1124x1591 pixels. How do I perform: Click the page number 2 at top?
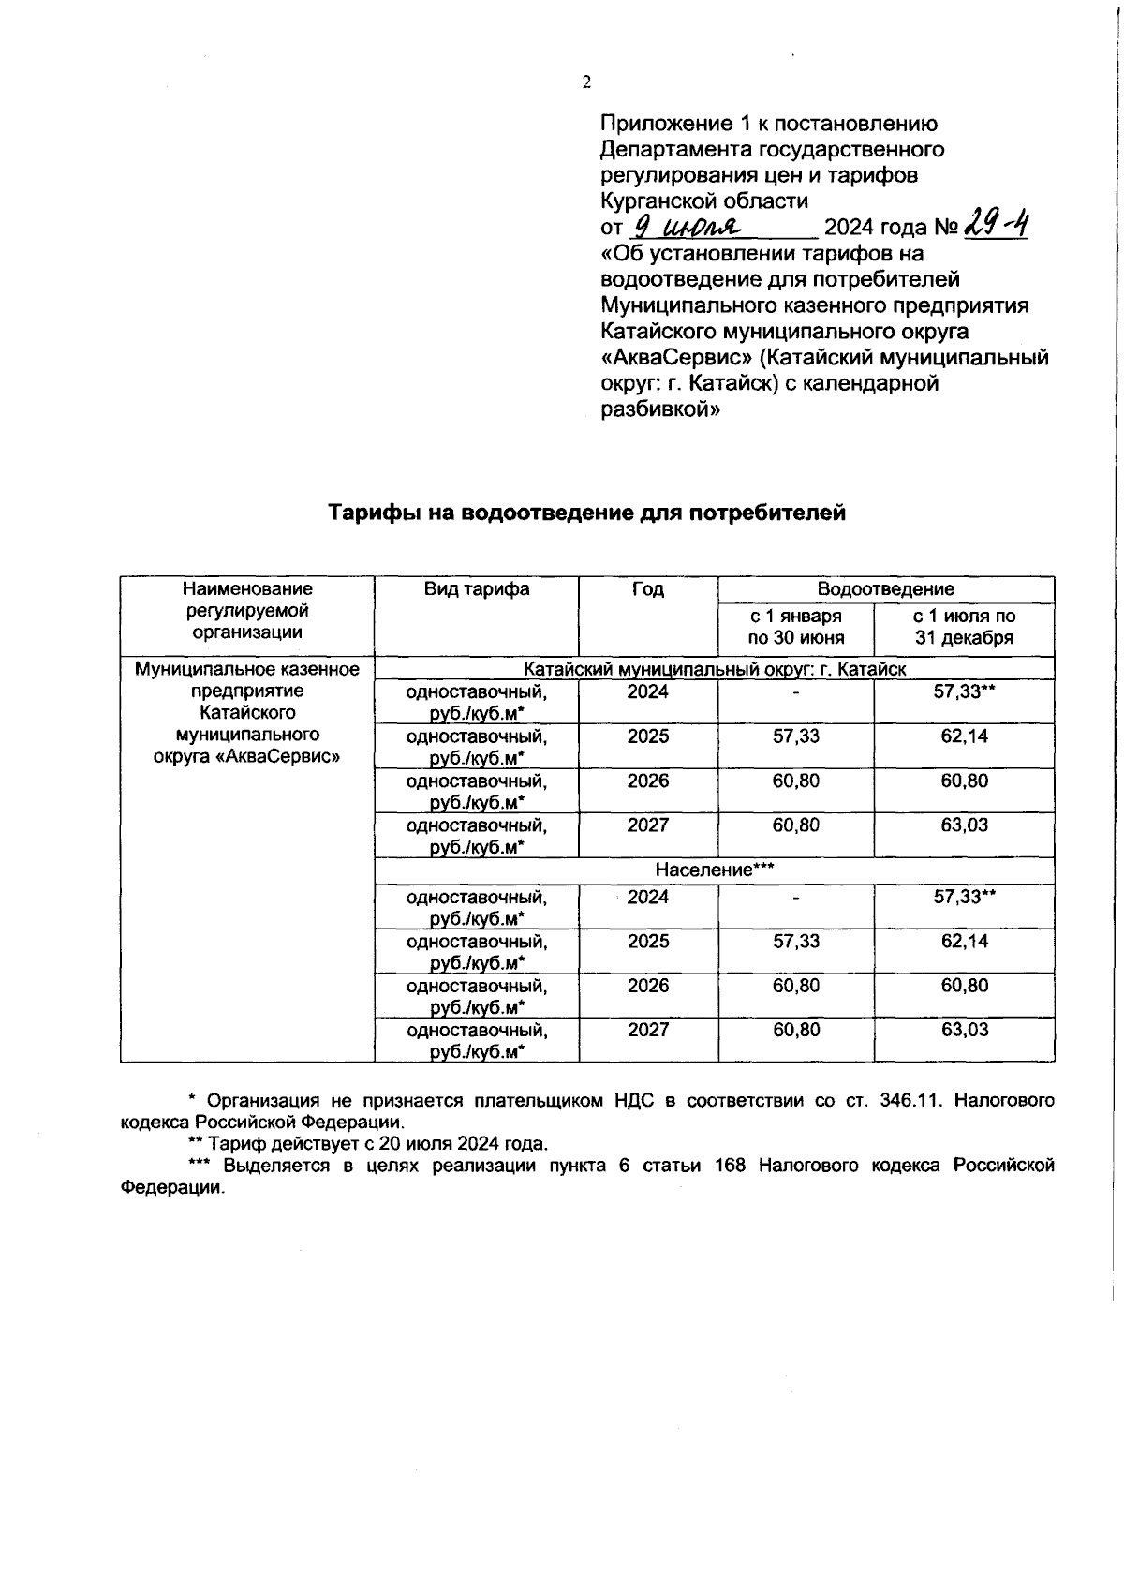click(587, 82)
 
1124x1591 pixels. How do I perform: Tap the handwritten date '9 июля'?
click(688, 227)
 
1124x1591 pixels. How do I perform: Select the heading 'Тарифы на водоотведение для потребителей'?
click(586, 513)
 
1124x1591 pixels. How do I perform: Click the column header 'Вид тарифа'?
click(476, 588)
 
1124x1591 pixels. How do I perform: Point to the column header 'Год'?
click(647, 588)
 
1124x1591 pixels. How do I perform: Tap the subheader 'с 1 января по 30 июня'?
click(795, 627)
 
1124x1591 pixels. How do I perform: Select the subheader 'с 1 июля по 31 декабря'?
click(964, 627)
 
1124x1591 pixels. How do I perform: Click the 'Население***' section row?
click(714, 870)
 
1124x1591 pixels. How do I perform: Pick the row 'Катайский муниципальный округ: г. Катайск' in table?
click(714, 669)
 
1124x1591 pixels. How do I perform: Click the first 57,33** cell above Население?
click(964, 691)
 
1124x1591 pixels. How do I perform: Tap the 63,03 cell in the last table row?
click(964, 1030)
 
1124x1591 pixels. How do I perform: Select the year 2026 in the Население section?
click(647, 986)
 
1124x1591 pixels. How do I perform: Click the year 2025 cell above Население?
click(647, 736)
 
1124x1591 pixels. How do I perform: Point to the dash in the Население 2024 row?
click(795, 898)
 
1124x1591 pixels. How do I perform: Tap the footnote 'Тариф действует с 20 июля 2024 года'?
click(377, 1143)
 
